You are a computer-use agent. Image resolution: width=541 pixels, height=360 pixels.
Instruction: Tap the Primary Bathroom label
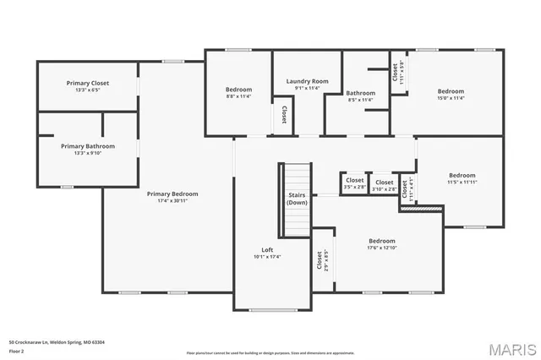88,146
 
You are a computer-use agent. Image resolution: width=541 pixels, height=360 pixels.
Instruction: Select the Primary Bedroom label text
167,194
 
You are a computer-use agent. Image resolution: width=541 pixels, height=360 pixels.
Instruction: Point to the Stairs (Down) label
297,199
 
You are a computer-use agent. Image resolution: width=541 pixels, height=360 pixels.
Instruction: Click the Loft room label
267,249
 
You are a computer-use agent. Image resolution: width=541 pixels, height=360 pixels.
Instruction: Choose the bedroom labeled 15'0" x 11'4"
451,91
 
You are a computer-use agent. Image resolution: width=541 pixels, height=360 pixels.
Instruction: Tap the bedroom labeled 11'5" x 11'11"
462,176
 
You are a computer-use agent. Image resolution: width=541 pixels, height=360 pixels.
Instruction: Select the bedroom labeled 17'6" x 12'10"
381,241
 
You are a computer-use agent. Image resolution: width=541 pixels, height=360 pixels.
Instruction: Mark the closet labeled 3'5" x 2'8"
354,180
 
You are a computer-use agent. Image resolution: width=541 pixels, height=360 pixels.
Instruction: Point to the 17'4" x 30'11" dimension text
167,201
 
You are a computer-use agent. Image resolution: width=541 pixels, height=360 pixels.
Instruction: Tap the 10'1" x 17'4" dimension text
267,256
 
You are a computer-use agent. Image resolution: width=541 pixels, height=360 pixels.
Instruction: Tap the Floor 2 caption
17,351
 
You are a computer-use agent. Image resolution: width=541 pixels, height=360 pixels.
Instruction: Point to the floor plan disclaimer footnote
270,352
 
